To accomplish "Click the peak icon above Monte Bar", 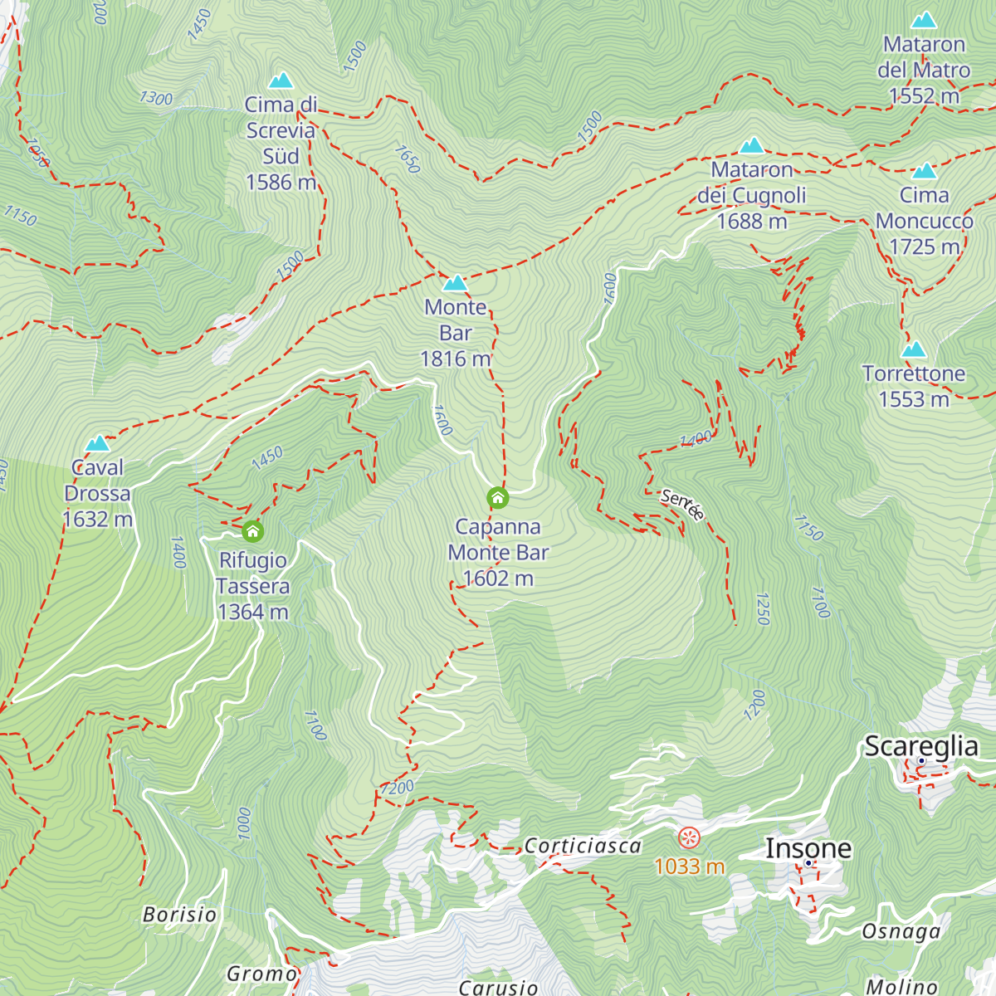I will coord(455,283).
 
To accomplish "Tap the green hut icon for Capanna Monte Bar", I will coord(497,498).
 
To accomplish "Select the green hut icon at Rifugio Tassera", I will coord(252,531).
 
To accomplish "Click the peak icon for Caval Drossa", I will coord(98,443).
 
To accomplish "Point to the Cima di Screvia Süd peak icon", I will coord(281,81).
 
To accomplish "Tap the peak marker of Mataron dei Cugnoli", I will coord(752,146).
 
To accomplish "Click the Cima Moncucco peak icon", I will coord(924,171).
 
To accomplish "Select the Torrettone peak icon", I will coord(914,349).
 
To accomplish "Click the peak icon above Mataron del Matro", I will coord(924,21).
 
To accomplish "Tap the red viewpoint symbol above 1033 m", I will coord(689,837).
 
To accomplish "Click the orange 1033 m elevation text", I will coord(689,867).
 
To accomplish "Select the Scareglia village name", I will coord(921,746).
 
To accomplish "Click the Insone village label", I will coord(808,848).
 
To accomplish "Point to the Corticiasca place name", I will coord(583,846).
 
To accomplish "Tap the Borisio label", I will coord(179,915).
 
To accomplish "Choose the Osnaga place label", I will coord(901,931).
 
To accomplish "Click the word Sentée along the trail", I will coord(682,505).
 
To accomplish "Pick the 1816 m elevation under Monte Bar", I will coord(455,359).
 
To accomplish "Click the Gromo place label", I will coord(261,974).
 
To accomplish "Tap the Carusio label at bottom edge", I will coord(498,987).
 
